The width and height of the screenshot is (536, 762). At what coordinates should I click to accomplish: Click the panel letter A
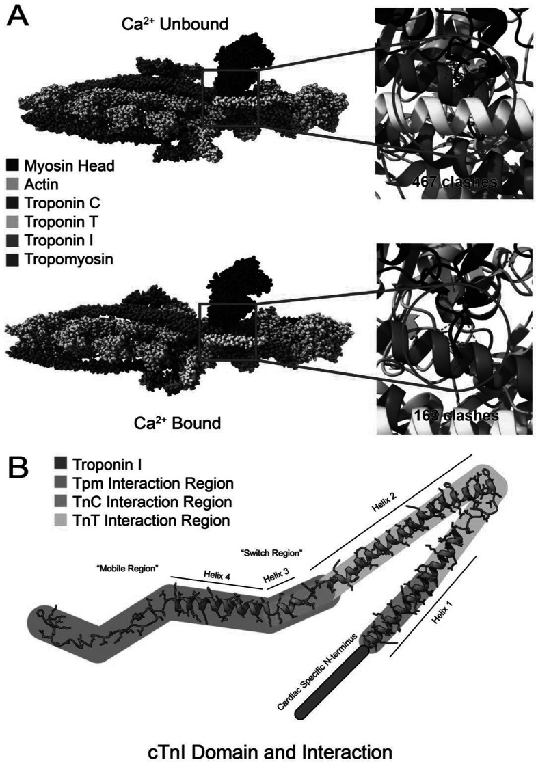point(18,16)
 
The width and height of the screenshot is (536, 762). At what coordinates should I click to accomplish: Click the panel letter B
point(18,467)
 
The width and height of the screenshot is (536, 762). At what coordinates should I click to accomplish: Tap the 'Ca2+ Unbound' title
point(175,23)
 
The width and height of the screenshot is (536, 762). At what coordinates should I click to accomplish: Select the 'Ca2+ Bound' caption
point(177,422)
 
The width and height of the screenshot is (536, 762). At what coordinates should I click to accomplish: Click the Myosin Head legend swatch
point(13,165)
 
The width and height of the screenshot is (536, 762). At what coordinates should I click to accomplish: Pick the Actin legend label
point(41,185)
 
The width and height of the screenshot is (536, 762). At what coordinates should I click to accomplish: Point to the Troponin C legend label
point(62,203)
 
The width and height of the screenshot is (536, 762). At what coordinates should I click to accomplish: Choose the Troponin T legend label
point(62,221)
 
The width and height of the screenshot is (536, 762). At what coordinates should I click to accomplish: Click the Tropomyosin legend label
point(68,259)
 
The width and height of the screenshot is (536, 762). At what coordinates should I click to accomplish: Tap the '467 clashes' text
point(455,182)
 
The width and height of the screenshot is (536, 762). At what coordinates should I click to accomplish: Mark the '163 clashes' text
point(456,415)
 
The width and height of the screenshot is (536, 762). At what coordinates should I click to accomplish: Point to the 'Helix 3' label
point(276,576)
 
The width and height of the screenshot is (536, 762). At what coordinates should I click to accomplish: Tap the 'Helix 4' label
point(216,576)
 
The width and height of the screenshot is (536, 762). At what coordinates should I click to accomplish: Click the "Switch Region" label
point(271,553)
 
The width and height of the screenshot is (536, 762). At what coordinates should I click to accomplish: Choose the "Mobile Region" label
point(128,568)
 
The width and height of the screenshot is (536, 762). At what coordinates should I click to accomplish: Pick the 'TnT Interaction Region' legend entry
point(150,521)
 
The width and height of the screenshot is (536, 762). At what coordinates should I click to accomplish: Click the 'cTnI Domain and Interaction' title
point(270,751)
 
